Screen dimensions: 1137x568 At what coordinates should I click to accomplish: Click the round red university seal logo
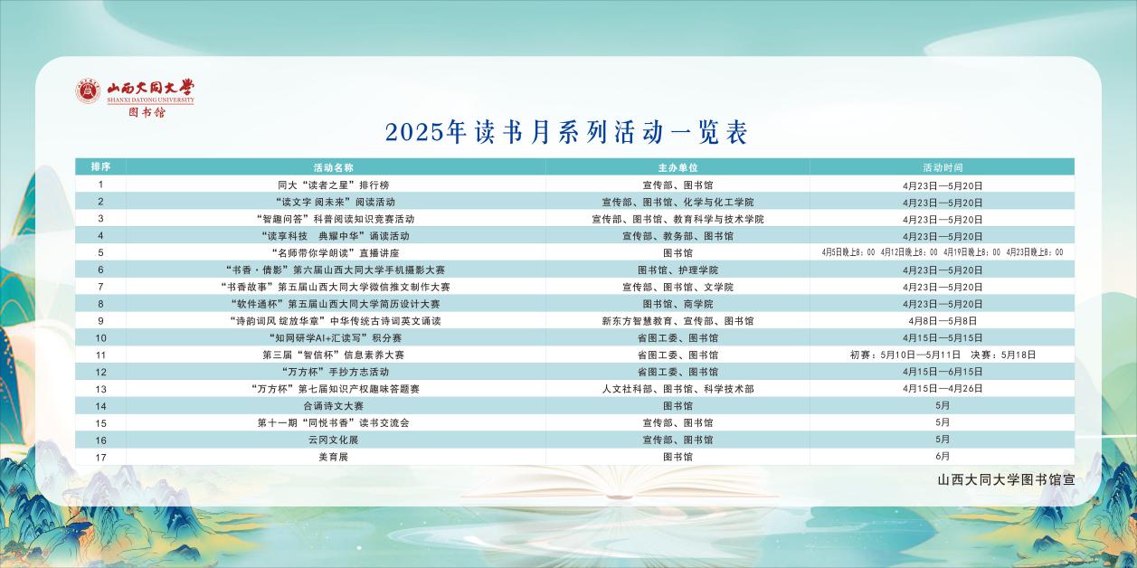point(89,91)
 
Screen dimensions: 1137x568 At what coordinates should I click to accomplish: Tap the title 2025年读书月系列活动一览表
point(566,132)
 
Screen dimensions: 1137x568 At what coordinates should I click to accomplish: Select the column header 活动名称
point(334,167)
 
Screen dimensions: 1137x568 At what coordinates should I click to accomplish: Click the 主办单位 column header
point(677,167)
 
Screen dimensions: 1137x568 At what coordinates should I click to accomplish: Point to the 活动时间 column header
point(943,167)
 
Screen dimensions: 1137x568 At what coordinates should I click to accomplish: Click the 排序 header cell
point(100,167)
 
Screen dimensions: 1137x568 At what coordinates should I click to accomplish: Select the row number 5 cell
point(100,252)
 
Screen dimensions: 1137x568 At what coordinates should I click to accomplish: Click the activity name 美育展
point(334,457)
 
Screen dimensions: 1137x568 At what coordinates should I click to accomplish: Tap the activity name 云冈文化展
point(334,440)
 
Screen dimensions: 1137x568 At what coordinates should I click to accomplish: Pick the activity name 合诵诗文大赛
point(334,406)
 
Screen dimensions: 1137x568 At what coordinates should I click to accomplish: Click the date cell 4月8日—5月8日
point(943,321)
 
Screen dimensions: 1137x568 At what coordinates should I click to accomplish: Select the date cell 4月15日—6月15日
point(943,372)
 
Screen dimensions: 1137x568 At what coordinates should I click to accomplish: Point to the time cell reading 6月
point(943,457)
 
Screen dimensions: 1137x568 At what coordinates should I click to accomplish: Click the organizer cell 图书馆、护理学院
point(677,270)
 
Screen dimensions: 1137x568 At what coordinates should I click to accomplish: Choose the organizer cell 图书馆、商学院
point(677,304)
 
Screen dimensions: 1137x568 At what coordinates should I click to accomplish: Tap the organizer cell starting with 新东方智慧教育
point(677,321)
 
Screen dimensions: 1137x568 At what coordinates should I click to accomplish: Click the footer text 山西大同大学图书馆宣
point(1006,479)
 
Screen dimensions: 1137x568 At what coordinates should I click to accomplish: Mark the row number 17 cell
point(100,458)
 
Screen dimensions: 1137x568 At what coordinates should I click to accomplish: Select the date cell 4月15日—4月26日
point(943,389)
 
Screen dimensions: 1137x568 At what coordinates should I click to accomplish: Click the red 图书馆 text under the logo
point(147,112)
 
